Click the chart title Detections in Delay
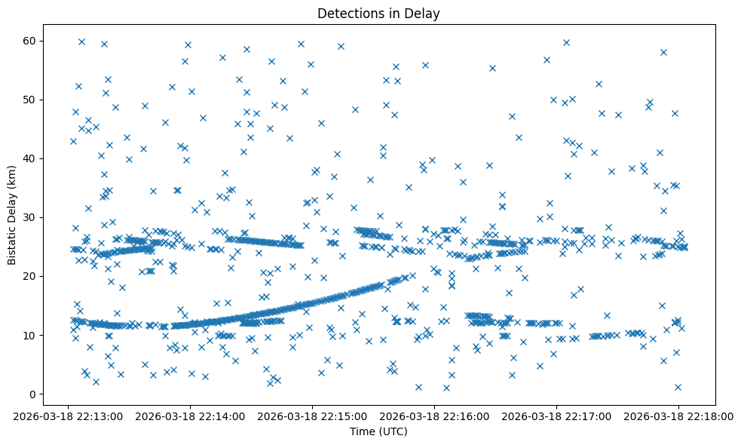click(378, 13)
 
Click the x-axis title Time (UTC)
click(378, 431)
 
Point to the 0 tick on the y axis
click(33, 394)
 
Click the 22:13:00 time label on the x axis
click(69, 416)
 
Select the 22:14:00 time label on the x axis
click(191, 416)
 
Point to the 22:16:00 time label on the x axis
click(434, 416)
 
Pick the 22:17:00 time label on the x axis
click(556, 416)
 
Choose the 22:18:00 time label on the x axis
click(678, 416)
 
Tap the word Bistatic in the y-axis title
click(12, 241)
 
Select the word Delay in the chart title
click(424, 13)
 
